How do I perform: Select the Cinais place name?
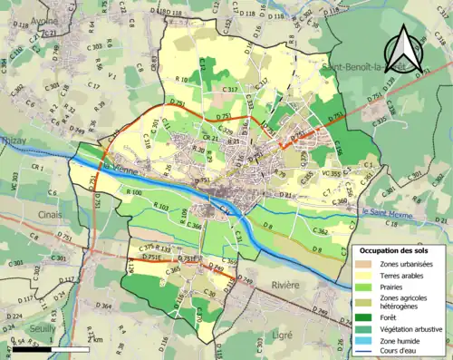point(15,215)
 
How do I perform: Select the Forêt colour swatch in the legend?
point(361,316)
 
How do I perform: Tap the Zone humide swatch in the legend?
point(361,341)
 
